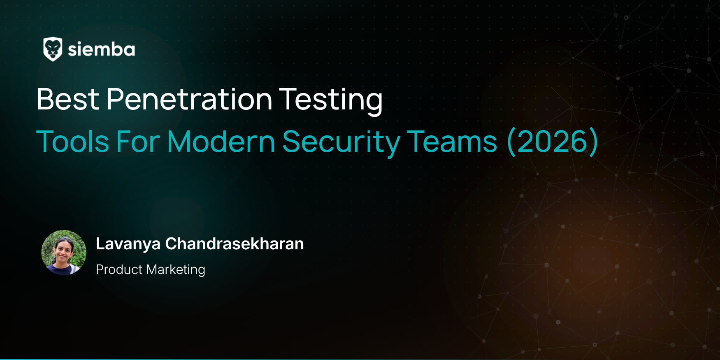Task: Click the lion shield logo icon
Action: (x=53, y=49)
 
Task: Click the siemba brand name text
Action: (x=101, y=50)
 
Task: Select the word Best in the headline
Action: (x=68, y=99)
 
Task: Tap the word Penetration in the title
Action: (x=189, y=99)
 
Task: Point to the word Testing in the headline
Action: (x=331, y=101)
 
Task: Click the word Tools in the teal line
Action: (x=72, y=142)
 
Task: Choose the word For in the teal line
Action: (x=138, y=142)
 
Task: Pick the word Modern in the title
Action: (x=221, y=142)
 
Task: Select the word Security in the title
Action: (x=341, y=143)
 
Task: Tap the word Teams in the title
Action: (x=452, y=142)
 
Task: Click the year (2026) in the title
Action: (x=553, y=142)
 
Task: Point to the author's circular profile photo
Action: (x=64, y=253)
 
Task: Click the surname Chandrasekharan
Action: (x=235, y=244)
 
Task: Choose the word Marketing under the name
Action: (x=176, y=270)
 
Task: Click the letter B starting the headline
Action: (x=45, y=99)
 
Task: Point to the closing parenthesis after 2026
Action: (x=593, y=142)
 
